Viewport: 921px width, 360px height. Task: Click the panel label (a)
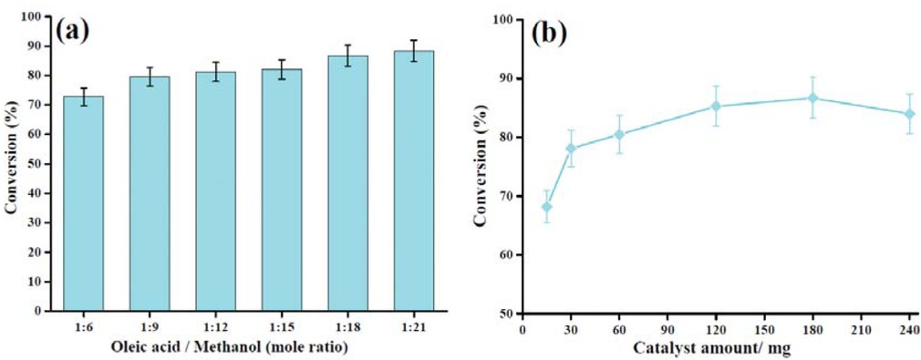[x=72, y=30]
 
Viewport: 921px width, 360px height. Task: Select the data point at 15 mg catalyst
[x=547, y=207]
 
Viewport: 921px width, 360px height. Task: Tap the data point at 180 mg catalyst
[x=812, y=98]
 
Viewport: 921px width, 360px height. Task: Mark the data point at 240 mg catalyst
[x=909, y=114]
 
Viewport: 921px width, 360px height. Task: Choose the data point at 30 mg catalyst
[x=572, y=149]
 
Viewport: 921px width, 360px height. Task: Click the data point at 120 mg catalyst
[x=716, y=106]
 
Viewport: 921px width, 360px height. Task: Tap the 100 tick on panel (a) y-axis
[x=35, y=17]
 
